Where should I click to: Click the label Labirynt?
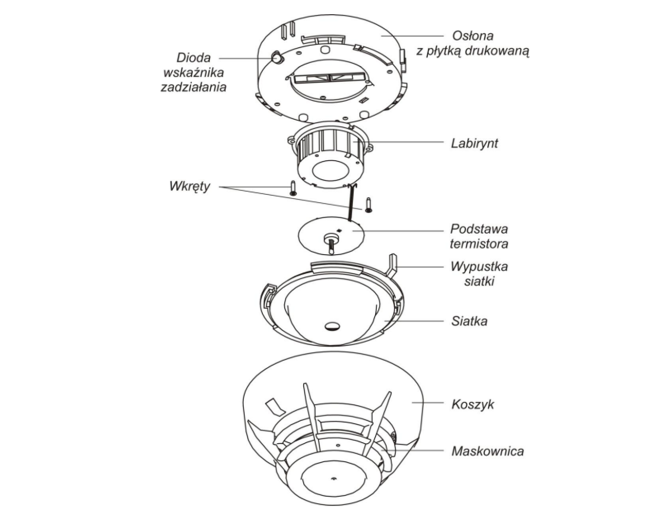pos(474,143)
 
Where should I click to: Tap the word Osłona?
pos(472,36)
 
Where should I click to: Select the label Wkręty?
pos(189,186)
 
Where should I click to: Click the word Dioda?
pos(193,58)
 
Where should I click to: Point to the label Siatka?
pos(469,322)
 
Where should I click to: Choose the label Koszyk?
pos(472,404)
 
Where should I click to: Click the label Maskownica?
pos(487,452)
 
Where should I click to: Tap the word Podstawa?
pos(479,229)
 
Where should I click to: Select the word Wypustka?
pos(479,267)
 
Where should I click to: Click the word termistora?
pos(479,243)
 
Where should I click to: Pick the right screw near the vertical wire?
pos(369,204)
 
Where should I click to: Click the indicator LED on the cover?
pos(277,58)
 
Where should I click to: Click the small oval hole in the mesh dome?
pos(332,326)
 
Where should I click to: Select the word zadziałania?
pos(193,87)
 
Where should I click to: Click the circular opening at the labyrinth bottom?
pos(329,172)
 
